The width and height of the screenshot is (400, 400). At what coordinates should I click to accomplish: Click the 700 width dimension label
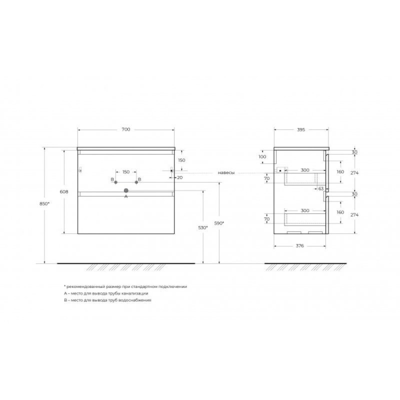click(x=126, y=129)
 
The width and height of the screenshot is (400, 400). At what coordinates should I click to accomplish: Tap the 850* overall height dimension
click(x=44, y=203)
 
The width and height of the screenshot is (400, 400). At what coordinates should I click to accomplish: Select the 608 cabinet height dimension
click(x=64, y=191)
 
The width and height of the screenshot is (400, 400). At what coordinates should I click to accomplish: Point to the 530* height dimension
click(x=203, y=227)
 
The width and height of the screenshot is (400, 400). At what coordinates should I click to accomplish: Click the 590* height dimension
click(x=219, y=223)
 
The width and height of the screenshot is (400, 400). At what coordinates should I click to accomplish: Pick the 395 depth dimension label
click(x=301, y=129)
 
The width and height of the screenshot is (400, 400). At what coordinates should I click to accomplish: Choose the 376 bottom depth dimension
click(x=299, y=245)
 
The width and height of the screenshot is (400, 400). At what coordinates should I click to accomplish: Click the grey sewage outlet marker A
click(x=126, y=190)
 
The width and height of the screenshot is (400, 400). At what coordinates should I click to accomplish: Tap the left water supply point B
click(x=115, y=182)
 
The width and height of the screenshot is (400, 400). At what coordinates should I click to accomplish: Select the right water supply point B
click(x=136, y=182)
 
